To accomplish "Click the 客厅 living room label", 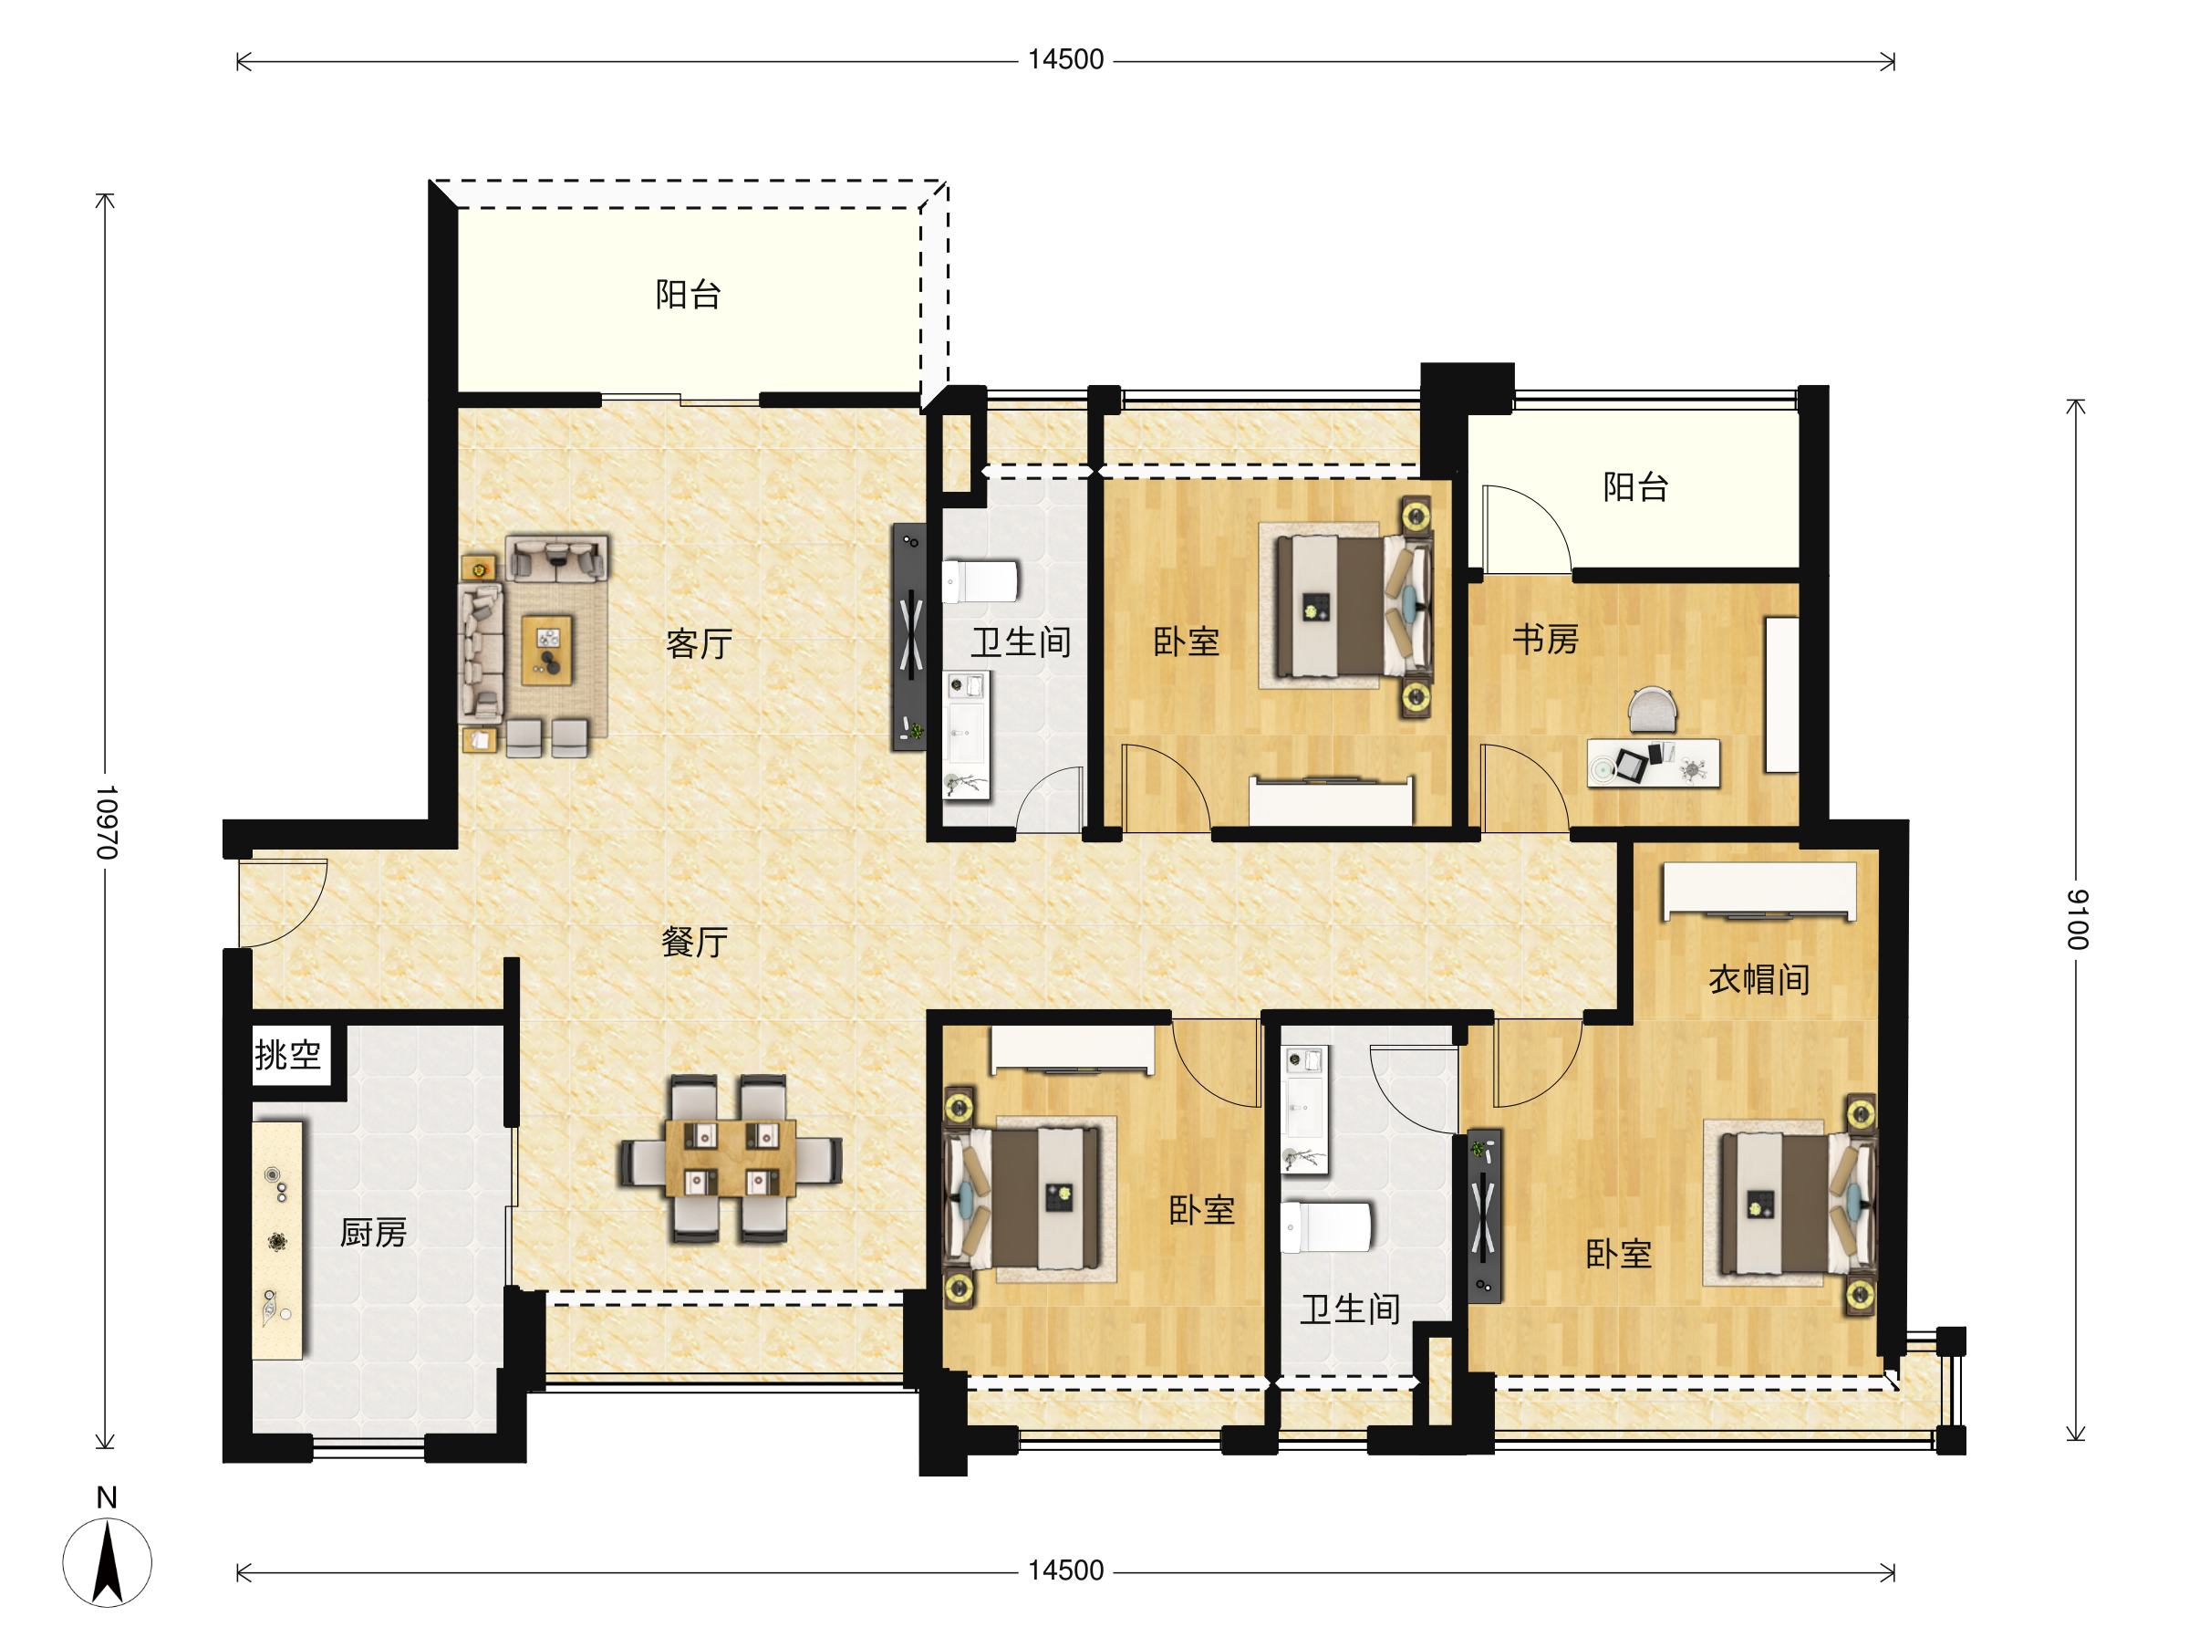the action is (x=699, y=644).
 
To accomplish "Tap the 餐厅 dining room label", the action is (x=695, y=942).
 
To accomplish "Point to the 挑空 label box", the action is (x=288, y=1054).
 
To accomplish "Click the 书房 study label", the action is (x=1545, y=640).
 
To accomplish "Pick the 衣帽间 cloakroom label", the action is (x=1758, y=980).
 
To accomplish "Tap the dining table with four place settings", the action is (x=731, y=1159).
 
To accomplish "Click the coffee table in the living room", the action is (x=547, y=650).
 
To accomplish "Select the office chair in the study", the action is (x=1653, y=710).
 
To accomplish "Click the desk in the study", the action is (x=1654, y=763).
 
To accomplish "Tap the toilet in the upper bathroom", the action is (x=980, y=581).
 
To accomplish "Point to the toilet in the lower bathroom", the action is (x=1326, y=1227).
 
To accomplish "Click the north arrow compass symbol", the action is (x=107, y=1562).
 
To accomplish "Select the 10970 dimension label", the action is (x=106, y=822).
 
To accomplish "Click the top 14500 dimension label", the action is (x=1066, y=59).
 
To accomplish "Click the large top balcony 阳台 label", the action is (x=688, y=294).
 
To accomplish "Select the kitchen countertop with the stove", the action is (x=278, y=1240).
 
